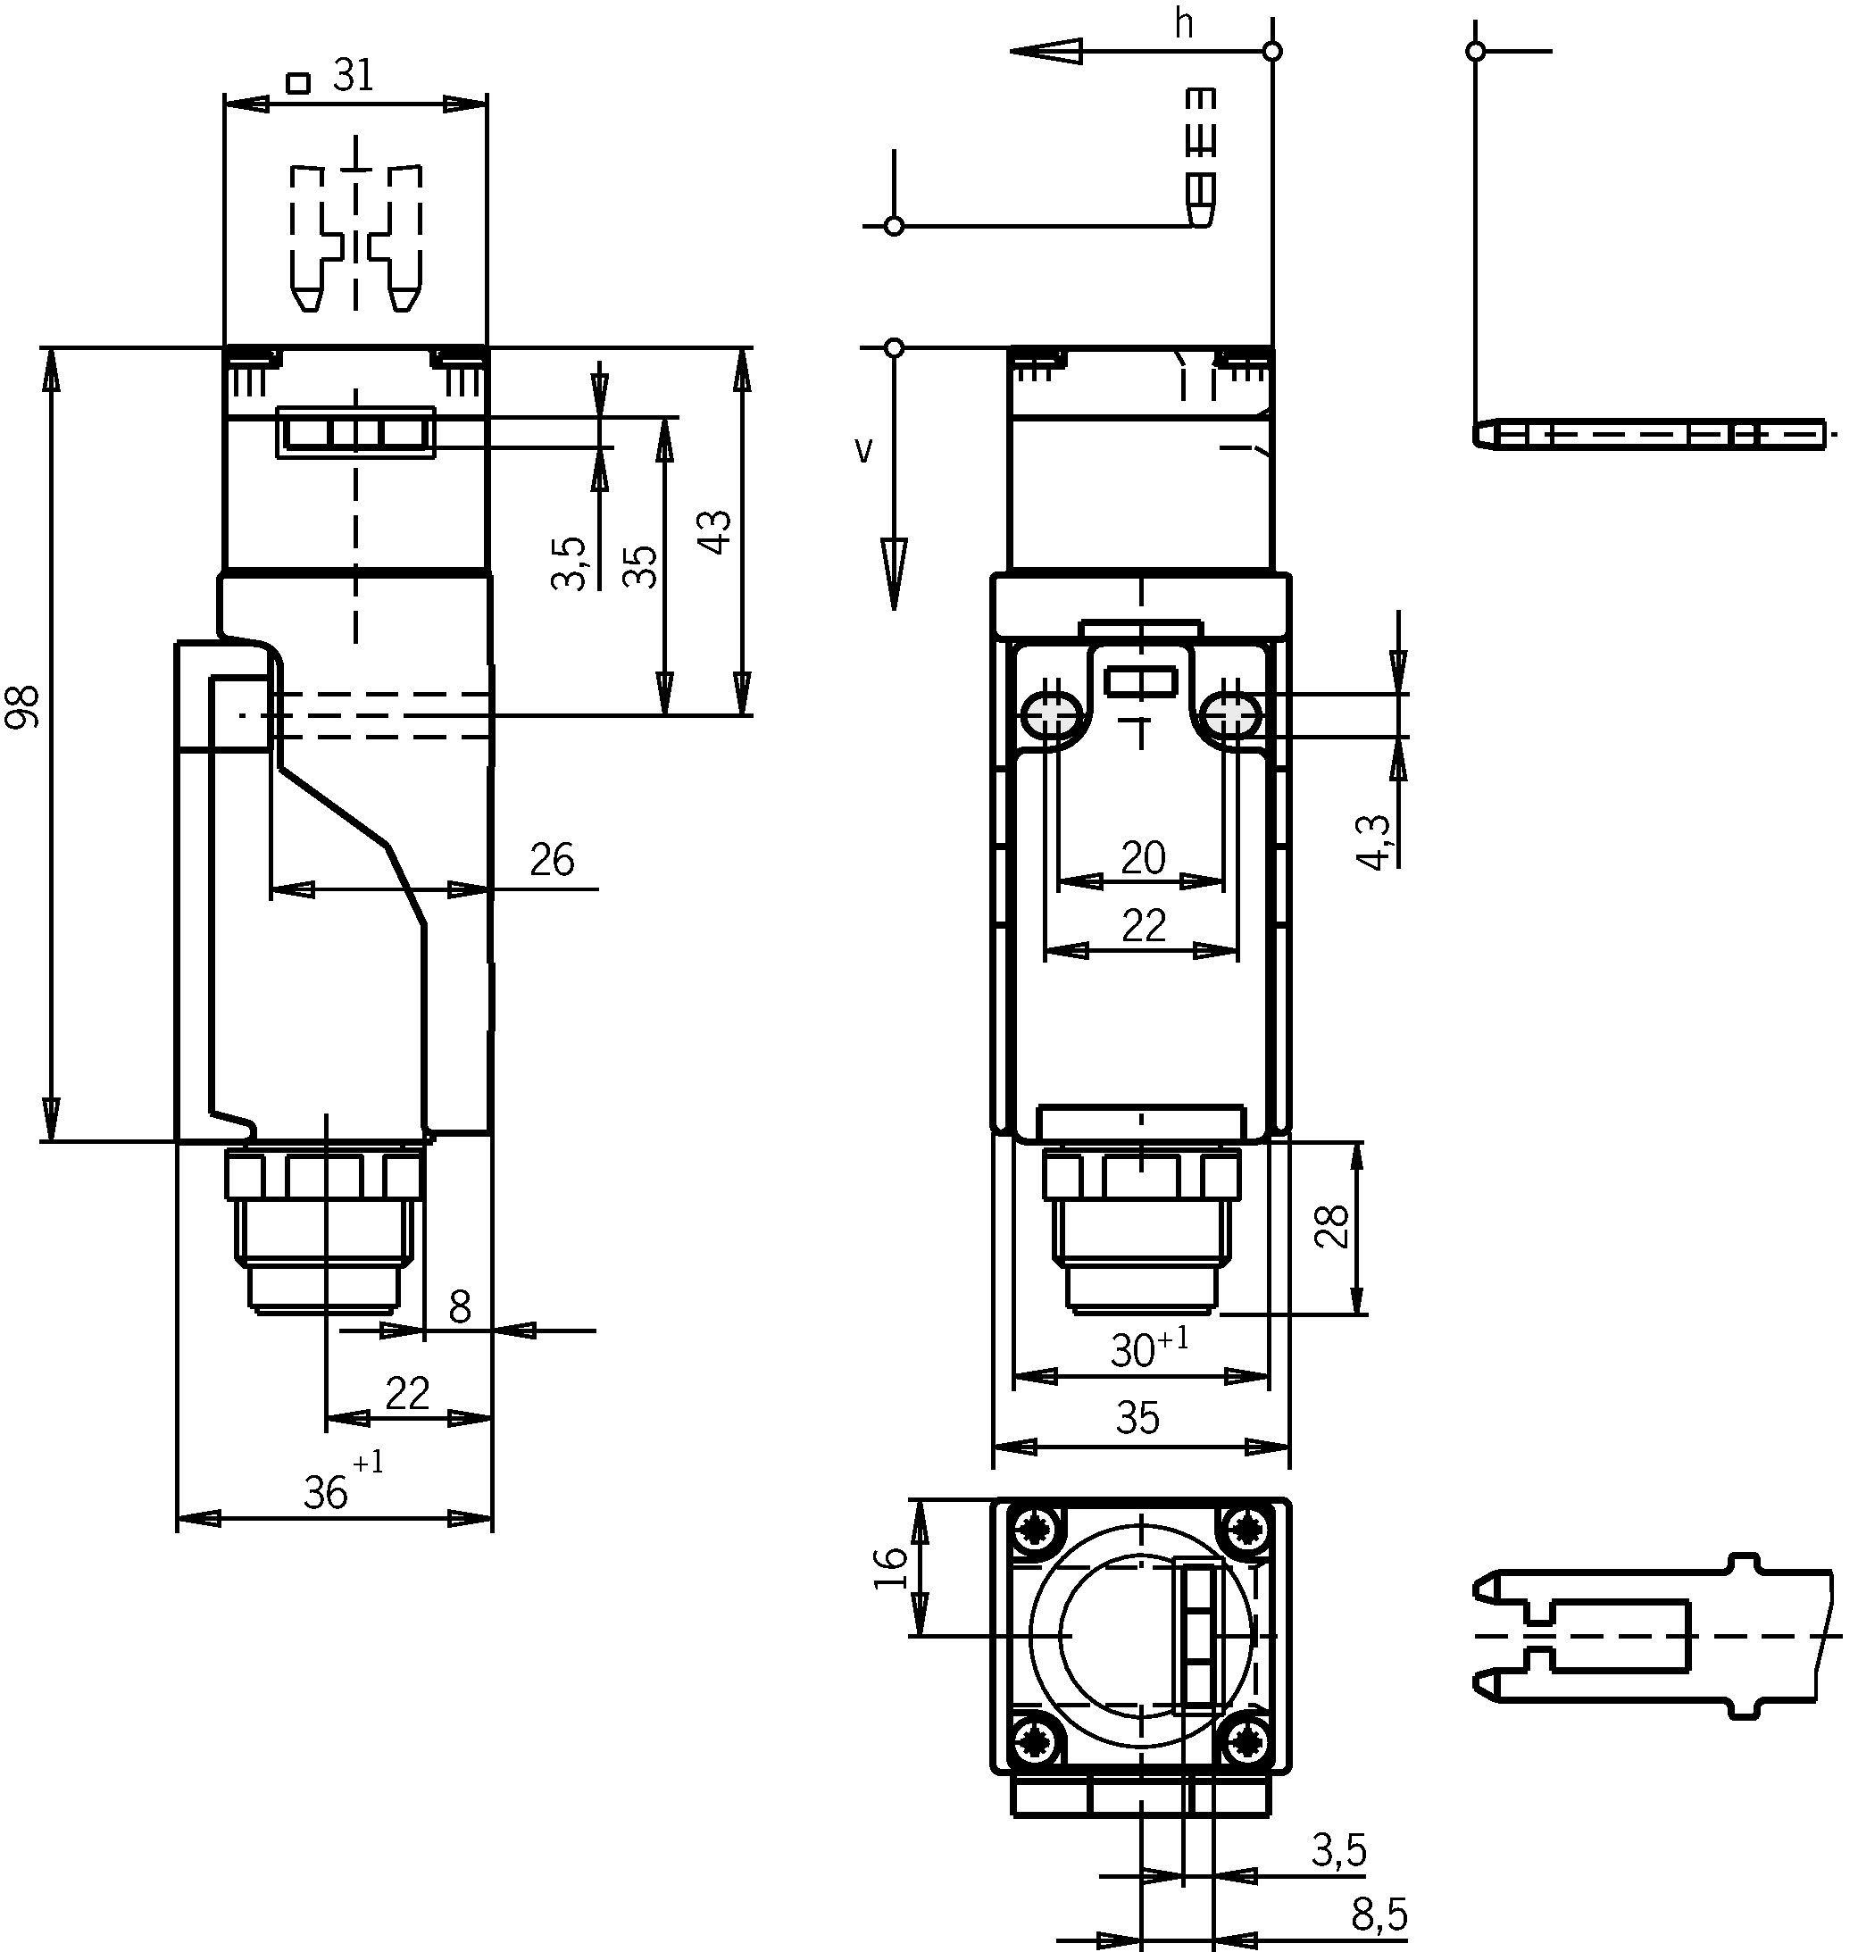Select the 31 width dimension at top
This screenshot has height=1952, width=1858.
354,75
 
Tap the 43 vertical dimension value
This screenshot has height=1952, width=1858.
715,532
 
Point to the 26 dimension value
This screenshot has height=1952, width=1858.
552,860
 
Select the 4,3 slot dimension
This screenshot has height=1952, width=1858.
1374,843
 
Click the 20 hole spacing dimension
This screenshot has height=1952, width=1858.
1143,857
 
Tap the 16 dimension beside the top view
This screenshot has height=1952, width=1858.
891,1568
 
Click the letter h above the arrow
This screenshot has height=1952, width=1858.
1184,25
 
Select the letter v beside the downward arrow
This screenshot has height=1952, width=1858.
863,451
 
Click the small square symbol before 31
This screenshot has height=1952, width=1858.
298,83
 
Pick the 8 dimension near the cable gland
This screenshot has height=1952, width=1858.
460,1308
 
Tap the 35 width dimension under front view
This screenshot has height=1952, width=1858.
1137,1419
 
